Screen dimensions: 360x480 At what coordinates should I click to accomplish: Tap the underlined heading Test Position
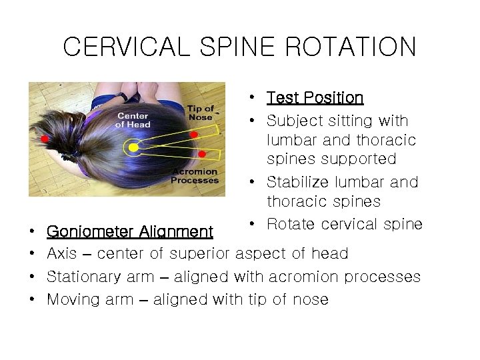[315, 98]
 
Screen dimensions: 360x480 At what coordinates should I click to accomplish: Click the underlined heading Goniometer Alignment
[130, 232]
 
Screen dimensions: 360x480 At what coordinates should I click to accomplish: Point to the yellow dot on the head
[133, 147]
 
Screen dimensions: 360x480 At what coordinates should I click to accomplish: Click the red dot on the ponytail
[45, 139]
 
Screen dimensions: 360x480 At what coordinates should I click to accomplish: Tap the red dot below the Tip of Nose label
[194, 135]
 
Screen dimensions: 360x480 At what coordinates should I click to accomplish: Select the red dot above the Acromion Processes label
[201, 155]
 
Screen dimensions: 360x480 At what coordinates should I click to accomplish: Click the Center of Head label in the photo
[133, 120]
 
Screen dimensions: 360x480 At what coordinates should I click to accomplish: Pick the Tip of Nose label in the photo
[201, 113]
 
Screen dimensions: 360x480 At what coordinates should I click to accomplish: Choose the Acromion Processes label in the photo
[195, 176]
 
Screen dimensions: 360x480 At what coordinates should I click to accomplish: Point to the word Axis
[61, 253]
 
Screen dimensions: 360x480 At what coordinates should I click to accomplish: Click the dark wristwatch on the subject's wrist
[122, 97]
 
